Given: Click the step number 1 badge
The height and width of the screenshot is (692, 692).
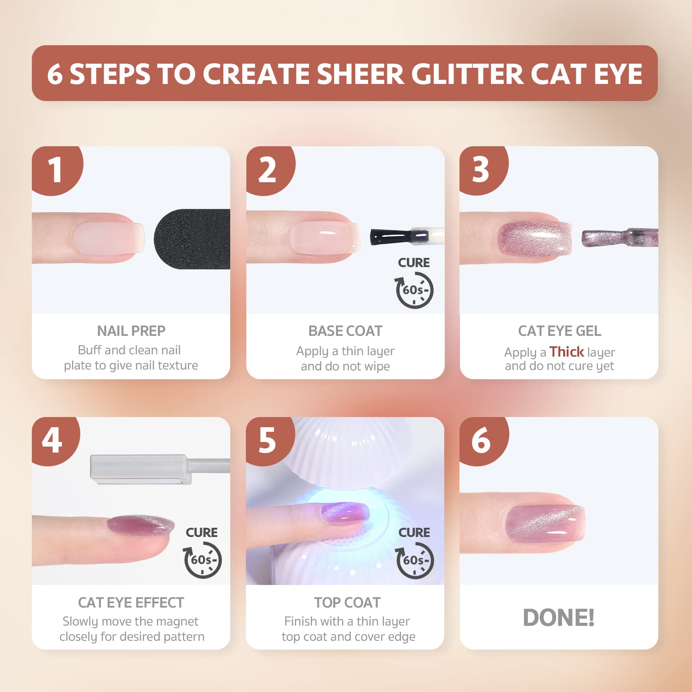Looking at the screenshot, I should tap(56, 169).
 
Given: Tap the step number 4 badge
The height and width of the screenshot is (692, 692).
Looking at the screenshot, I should tap(53, 440).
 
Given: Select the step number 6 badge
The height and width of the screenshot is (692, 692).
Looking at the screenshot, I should tap(481, 440).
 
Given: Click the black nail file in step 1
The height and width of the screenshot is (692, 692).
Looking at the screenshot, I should tap(194, 239).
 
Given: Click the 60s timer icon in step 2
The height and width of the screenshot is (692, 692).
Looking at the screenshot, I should tap(414, 290).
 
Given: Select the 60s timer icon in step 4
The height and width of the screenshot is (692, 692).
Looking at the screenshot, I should tap(203, 560).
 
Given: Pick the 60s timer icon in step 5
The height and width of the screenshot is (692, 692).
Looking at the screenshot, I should tap(415, 560).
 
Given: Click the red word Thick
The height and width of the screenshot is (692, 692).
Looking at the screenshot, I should tap(567, 352).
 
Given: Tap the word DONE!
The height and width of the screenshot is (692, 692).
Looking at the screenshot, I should tap(559, 618).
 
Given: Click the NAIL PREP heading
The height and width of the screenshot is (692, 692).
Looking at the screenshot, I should tap(131, 331).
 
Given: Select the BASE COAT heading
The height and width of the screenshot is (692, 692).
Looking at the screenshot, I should tap(345, 331).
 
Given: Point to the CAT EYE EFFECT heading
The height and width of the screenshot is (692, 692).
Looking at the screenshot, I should tap(131, 603).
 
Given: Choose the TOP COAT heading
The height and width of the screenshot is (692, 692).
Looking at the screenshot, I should tap(347, 603).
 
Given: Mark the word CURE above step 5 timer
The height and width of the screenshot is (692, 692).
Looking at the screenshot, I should tap(414, 532).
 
